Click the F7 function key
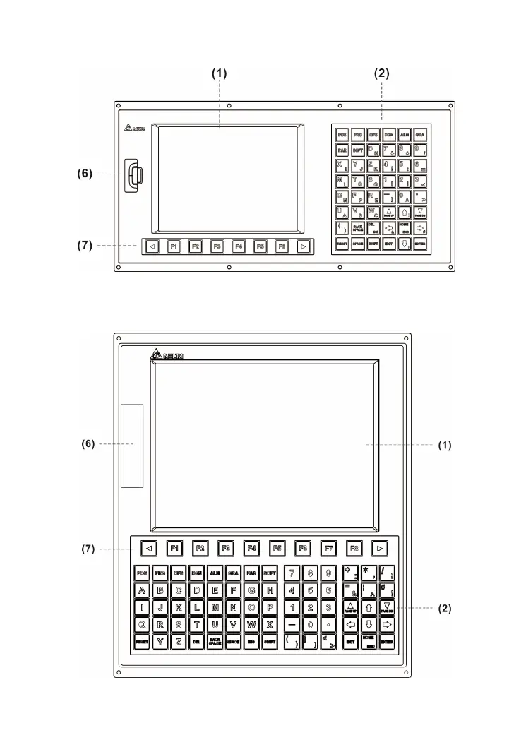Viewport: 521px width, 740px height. (x=328, y=547)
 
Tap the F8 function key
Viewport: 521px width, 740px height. (x=354, y=547)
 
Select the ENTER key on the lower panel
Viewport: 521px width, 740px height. (x=387, y=642)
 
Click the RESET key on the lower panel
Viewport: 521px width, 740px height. (x=142, y=642)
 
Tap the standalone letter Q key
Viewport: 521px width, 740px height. (x=142, y=624)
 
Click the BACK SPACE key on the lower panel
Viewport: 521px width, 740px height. (x=215, y=642)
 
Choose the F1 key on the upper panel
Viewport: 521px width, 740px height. (x=174, y=246)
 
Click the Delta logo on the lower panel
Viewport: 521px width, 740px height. (x=167, y=355)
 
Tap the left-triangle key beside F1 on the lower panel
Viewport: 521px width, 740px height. (x=148, y=547)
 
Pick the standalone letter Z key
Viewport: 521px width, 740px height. (x=179, y=642)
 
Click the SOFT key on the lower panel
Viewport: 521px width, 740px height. (x=269, y=572)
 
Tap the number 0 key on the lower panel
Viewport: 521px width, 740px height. (x=310, y=624)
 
